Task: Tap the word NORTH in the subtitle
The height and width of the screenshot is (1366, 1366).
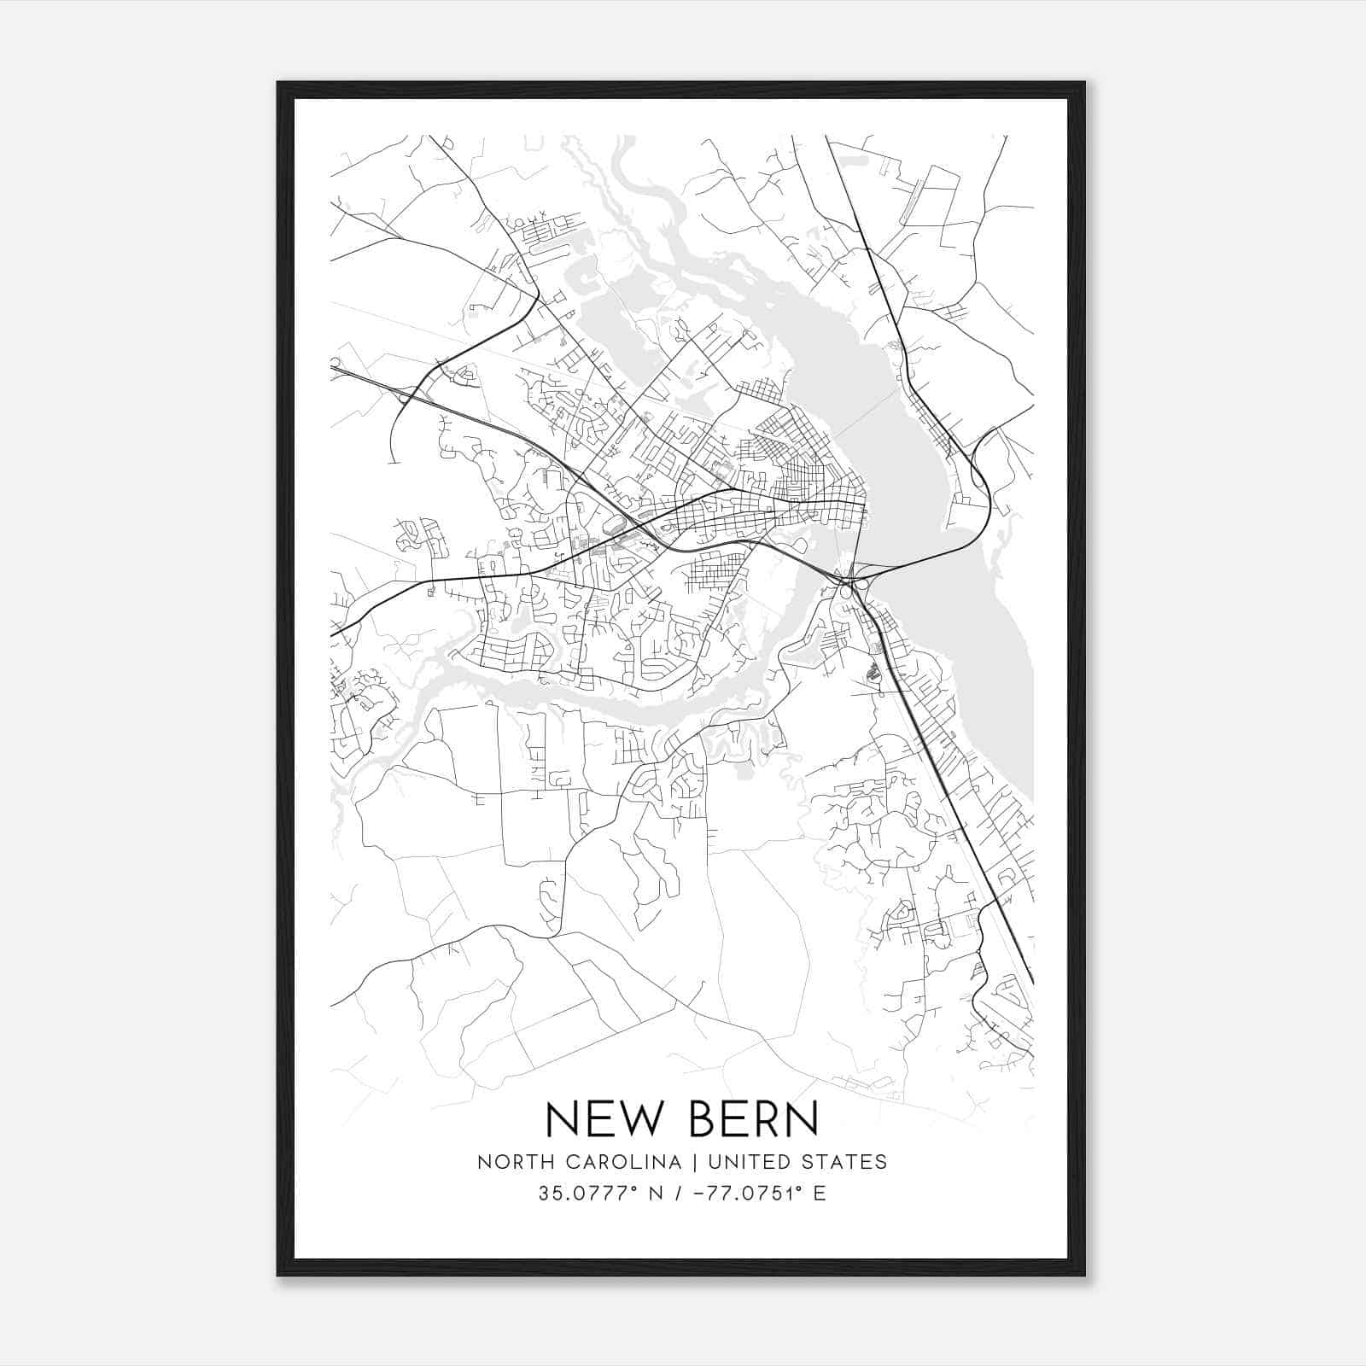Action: pos(511,1162)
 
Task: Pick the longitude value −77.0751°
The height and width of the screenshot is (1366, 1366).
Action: pos(741,1194)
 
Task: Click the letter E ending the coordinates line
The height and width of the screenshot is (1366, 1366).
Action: pos(820,1194)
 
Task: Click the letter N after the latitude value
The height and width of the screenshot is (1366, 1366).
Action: pos(656,1194)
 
